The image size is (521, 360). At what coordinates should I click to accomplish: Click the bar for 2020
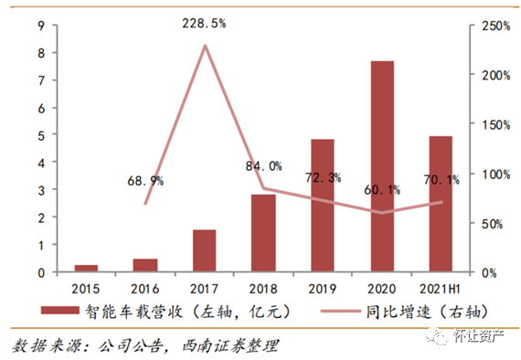[x=382, y=166]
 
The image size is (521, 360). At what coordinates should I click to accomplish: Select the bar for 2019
[x=323, y=206]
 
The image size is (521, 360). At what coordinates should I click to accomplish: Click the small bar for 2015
[x=86, y=269]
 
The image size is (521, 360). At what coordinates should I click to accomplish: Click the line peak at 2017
[x=205, y=46]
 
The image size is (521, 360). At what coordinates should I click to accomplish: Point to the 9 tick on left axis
[x=42, y=26]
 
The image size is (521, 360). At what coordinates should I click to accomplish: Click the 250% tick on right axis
[x=493, y=26]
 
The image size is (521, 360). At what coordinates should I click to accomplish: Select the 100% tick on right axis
[x=493, y=174]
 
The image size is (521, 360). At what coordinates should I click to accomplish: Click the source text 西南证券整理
[x=231, y=346]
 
